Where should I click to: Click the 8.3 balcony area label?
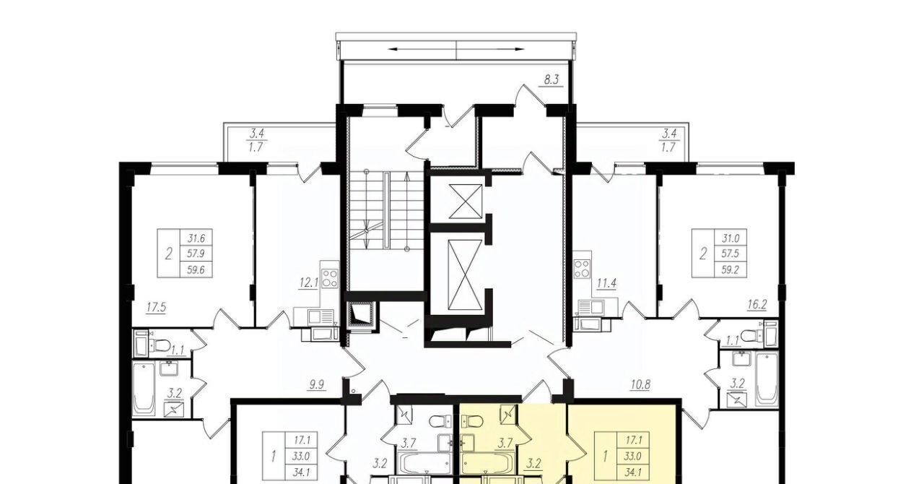pos(551,79)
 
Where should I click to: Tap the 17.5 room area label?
pos(156,308)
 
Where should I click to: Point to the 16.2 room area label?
pos(757,305)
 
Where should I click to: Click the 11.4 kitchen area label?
pos(606,283)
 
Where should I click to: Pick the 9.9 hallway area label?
pos(316,385)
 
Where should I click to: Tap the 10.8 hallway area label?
pos(640,385)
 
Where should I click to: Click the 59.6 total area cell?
pos(196,269)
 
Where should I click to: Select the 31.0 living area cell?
pos(731,238)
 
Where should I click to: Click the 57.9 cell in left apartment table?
pos(196,254)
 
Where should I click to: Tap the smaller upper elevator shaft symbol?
pos(466,202)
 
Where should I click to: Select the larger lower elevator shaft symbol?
pos(465,275)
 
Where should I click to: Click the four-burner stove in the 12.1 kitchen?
pos(331,278)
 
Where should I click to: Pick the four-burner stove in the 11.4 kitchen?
pos(582,269)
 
